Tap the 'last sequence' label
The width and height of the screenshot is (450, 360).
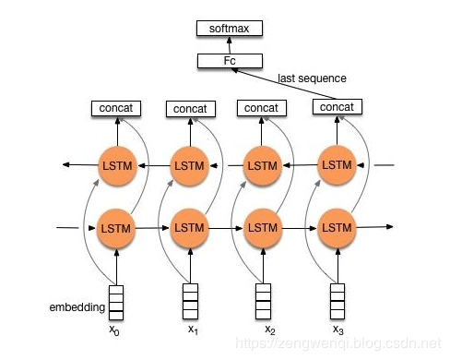(312, 78)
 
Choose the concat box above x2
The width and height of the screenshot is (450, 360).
(262, 108)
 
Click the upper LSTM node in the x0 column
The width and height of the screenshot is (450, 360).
(116, 166)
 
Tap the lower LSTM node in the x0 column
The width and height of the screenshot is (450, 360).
(116, 227)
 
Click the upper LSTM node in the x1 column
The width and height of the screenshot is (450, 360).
(189, 166)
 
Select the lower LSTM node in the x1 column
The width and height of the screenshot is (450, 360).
(189, 227)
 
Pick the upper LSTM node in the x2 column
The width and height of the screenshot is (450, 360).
(262, 166)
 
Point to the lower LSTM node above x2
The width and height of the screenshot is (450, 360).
(262, 227)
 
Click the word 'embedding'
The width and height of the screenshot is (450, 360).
(77, 306)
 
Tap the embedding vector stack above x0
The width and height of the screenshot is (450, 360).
(116, 300)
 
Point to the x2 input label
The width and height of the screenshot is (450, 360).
(269, 330)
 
